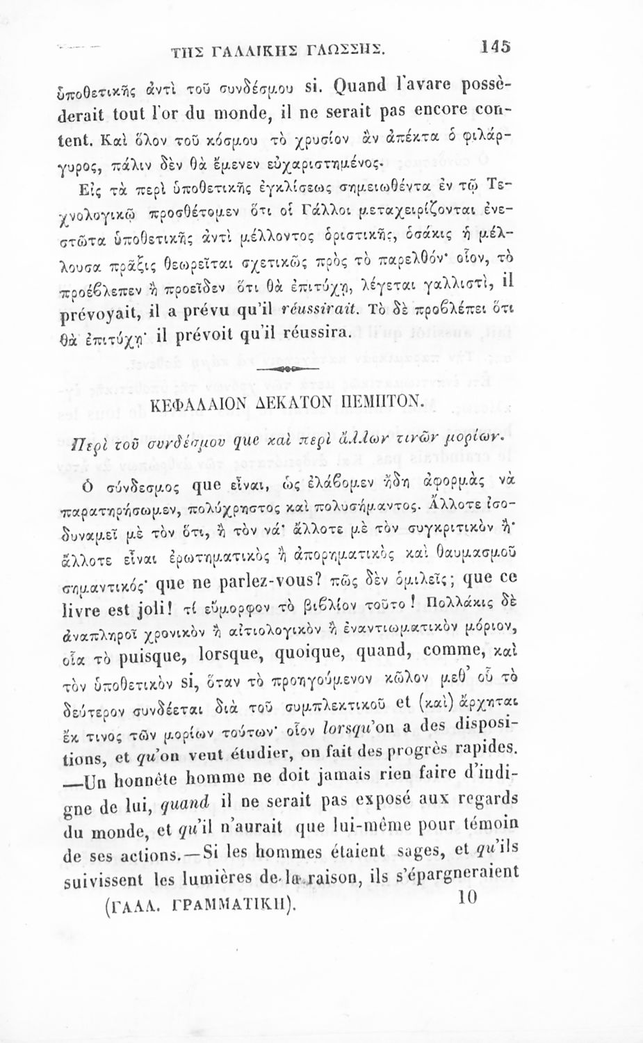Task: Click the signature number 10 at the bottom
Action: (x=466, y=898)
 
